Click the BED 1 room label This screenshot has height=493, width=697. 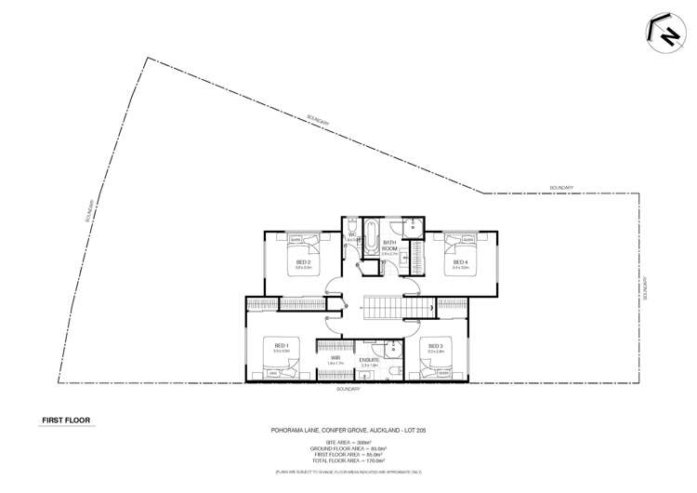click(281, 346)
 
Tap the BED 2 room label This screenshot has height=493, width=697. click(303, 262)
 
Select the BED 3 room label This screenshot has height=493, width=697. click(435, 346)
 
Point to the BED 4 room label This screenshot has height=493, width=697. click(459, 262)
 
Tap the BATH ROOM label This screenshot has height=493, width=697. click(389, 246)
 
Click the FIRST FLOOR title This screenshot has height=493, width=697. click(63, 420)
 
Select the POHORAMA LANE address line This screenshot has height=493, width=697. click(348, 430)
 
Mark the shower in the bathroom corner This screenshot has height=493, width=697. click(414, 227)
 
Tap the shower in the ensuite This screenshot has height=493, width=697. click(393, 348)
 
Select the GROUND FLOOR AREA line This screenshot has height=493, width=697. click(348, 450)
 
